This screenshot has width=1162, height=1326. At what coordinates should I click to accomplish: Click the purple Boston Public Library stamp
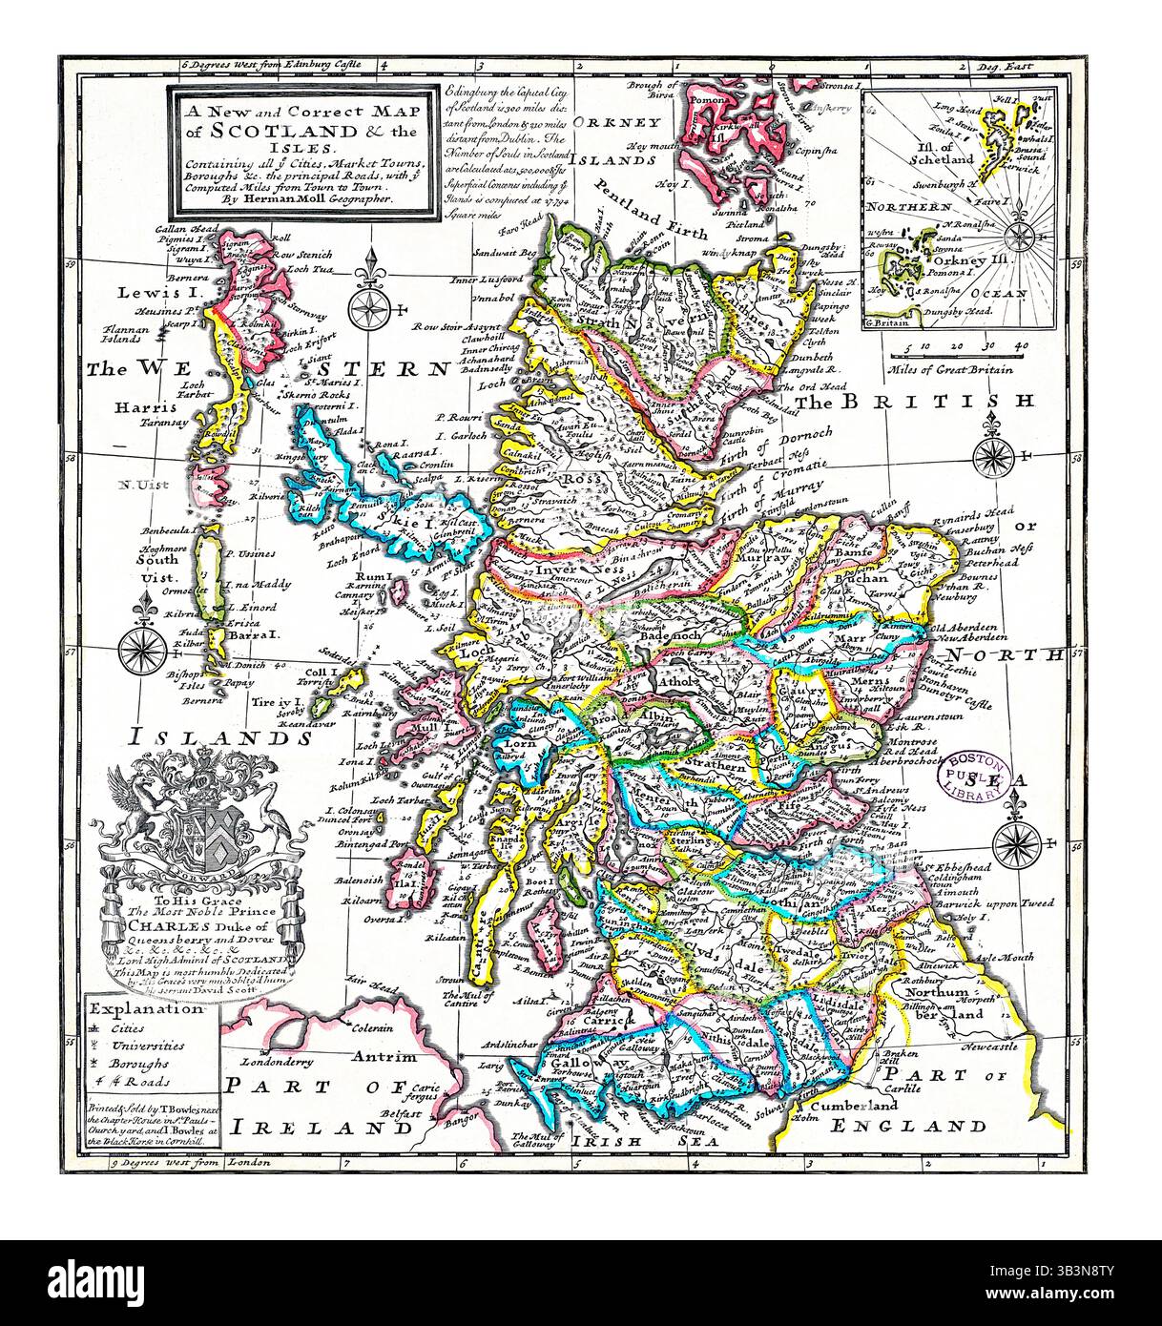(x=975, y=772)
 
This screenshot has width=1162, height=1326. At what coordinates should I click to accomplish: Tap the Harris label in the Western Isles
(x=135, y=406)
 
